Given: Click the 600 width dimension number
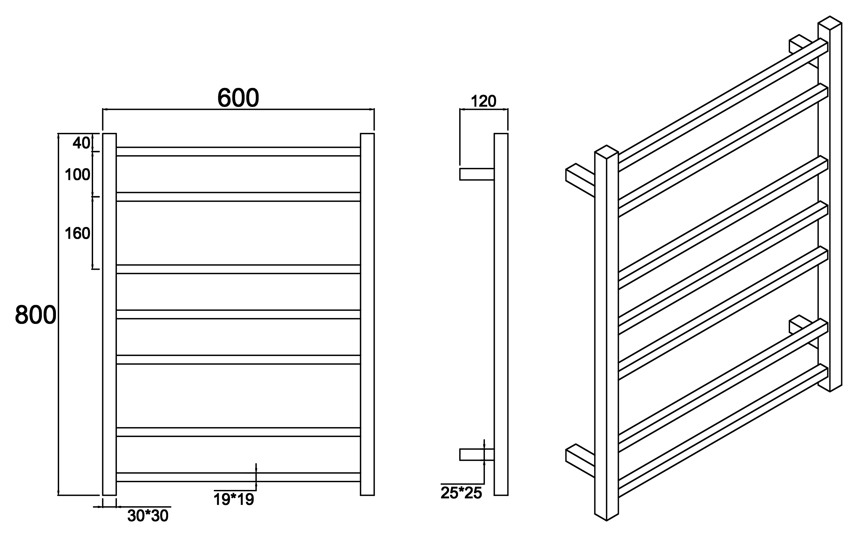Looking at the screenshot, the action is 238,98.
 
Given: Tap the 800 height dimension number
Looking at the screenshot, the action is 36,315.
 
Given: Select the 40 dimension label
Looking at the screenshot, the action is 81,143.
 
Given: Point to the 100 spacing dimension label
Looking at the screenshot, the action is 77,175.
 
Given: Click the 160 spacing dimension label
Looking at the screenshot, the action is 77,234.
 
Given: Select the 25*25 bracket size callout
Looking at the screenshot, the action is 461,493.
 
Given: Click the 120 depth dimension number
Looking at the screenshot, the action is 483,102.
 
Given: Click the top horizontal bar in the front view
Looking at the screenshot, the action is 238,151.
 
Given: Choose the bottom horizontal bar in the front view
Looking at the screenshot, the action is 238,477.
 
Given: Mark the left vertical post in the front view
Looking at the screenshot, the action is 109,314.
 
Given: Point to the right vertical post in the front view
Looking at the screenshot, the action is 367,314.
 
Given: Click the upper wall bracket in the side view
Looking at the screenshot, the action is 477,174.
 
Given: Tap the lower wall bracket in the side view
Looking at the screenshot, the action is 477,455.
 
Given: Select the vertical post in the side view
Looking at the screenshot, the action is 501,314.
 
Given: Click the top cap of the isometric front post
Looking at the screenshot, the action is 607,152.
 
